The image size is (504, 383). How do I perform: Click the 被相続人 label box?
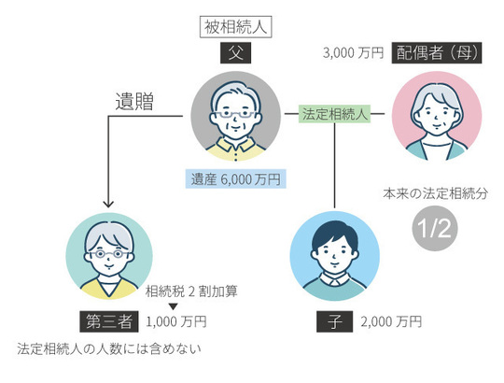(x=236, y=26)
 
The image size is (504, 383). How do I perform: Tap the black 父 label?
(x=235, y=53)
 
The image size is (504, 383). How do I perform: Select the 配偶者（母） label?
(x=438, y=53)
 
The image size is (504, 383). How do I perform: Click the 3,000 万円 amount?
(x=353, y=53)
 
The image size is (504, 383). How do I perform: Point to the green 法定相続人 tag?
(x=335, y=114)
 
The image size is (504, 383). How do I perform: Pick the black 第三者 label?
(x=109, y=322)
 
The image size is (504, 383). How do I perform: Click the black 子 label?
(x=334, y=322)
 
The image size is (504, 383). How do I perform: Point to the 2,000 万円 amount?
(x=391, y=322)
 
